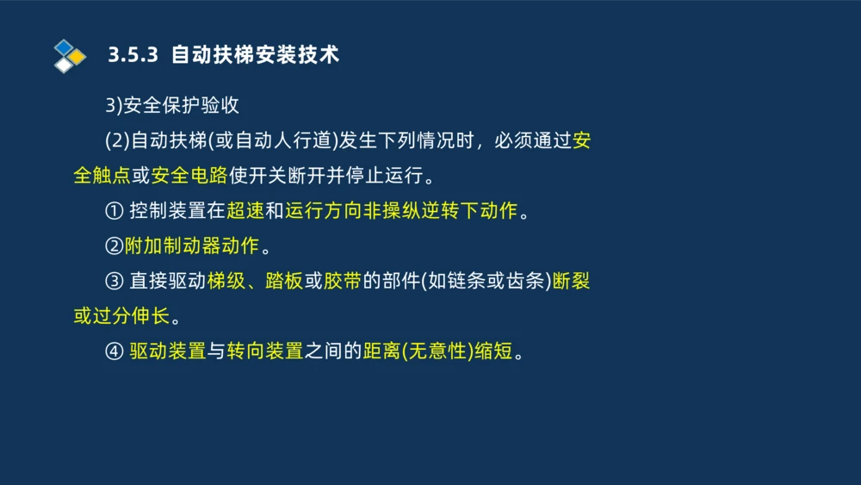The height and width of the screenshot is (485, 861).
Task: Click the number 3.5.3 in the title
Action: click(x=133, y=55)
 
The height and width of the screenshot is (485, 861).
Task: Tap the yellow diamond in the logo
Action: click(x=77, y=57)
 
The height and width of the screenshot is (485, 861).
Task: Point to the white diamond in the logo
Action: click(x=64, y=65)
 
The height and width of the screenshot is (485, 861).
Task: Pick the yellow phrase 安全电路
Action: click(x=189, y=176)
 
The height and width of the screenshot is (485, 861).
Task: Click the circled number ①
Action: click(x=114, y=211)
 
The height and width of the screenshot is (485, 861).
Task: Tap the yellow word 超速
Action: click(x=245, y=211)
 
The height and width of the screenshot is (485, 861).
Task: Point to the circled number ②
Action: click(x=114, y=246)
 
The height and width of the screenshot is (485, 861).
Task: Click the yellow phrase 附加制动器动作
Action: click(x=191, y=246)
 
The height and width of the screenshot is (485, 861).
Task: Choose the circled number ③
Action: click(x=114, y=282)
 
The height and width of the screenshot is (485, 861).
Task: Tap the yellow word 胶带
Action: click(x=342, y=282)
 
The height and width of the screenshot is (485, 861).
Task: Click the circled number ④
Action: click(x=114, y=351)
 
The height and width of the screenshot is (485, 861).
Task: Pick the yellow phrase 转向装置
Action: click(x=265, y=351)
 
